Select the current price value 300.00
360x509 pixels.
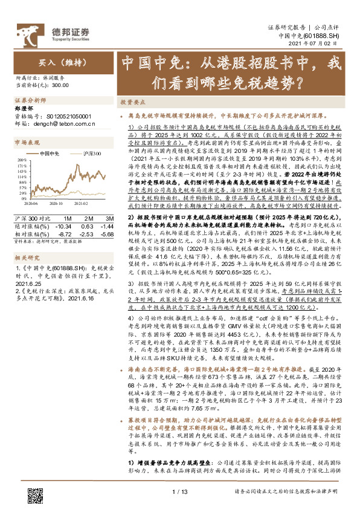(60, 85)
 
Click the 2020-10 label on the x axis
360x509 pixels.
(60, 204)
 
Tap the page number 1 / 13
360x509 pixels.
(180, 492)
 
